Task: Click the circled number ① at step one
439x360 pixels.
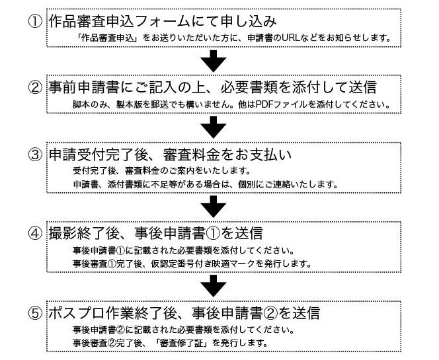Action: tap(35, 22)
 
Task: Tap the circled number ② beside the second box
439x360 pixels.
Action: tap(35, 87)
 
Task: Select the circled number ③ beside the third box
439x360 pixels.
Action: tap(35, 155)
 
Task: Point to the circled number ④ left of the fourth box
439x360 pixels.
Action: tap(35, 233)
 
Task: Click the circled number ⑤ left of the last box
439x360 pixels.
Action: tap(35, 313)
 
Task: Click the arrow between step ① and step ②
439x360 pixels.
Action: tap(214, 61)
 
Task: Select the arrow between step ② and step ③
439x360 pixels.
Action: tap(214, 127)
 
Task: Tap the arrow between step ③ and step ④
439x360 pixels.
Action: tap(214, 207)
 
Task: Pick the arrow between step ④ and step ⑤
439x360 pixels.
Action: tap(214, 286)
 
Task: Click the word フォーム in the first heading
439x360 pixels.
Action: tap(163, 22)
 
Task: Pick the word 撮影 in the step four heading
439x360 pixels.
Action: tap(63, 233)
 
